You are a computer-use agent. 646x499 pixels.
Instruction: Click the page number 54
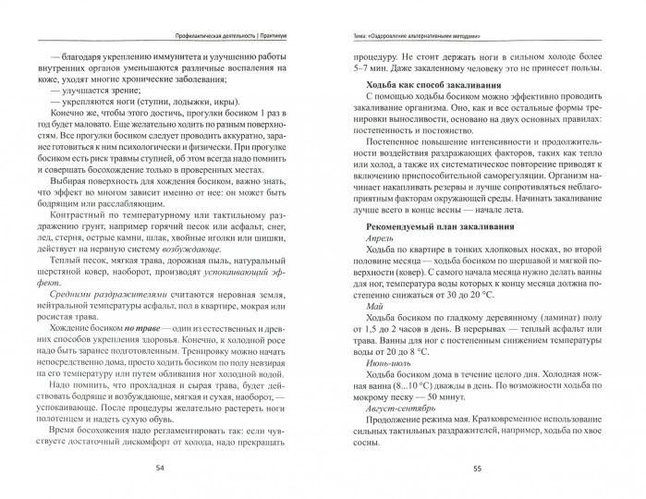[161, 468]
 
